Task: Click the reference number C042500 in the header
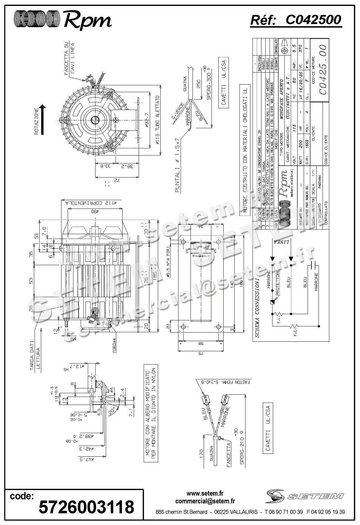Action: (x=313, y=20)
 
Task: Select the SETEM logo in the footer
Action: (x=305, y=495)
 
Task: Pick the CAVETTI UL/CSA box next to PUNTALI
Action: (x=223, y=82)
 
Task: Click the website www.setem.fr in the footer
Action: (x=205, y=494)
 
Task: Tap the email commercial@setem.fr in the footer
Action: (x=205, y=501)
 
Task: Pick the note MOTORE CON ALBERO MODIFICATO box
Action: (x=150, y=414)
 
